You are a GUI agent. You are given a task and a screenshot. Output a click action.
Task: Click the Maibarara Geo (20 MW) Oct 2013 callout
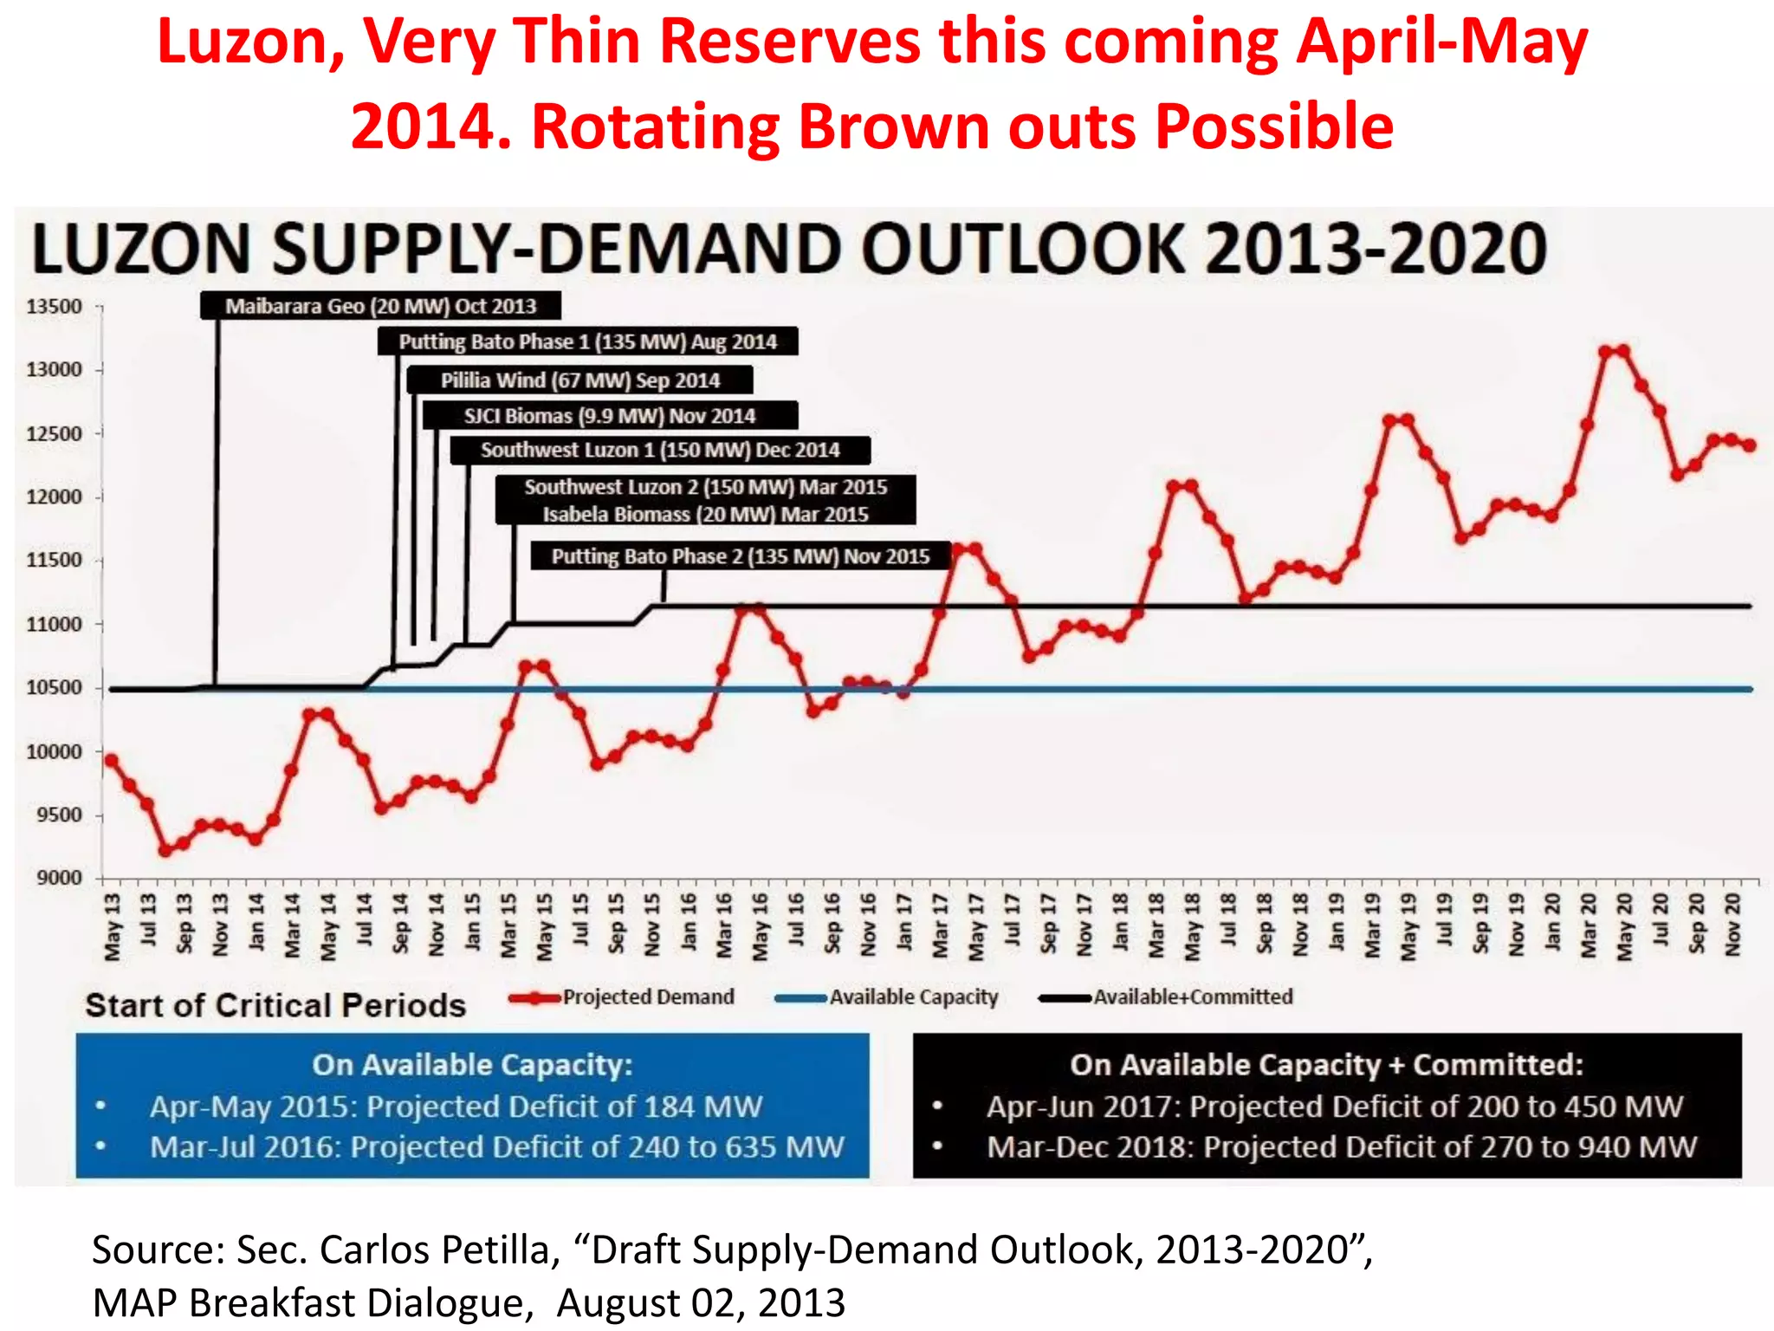pyautogui.click(x=380, y=306)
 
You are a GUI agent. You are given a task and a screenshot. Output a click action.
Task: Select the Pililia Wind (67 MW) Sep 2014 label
pyautogui.click(x=579, y=380)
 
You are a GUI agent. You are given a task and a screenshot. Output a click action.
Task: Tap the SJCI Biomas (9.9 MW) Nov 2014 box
pyautogui.click(x=610, y=416)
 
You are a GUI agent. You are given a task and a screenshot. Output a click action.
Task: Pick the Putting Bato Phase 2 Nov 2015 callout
pyautogui.click(x=740, y=556)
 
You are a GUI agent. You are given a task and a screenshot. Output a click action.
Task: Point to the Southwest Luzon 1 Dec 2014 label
pyautogui.click(x=660, y=451)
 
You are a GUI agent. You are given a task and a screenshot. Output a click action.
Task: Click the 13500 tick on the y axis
pyautogui.click(x=54, y=307)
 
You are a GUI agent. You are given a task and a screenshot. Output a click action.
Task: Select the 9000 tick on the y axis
pyautogui.click(x=59, y=878)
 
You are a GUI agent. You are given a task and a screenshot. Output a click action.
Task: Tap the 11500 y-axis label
pyautogui.click(x=54, y=560)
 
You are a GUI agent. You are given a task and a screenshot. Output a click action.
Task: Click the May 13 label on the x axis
pyautogui.click(x=113, y=928)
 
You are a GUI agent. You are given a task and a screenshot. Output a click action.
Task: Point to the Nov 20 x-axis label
pyautogui.click(x=1732, y=925)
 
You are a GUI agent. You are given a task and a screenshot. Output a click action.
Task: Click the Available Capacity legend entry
pyautogui.click(x=887, y=997)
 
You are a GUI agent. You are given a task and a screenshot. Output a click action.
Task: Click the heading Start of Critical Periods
pyautogui.click(x=275, y=1005)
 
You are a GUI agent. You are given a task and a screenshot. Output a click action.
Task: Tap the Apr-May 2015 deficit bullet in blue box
pyautogui.click(x=456, y=1107)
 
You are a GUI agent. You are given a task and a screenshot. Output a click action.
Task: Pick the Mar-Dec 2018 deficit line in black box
pyautogui.click(x=1341, y=1147)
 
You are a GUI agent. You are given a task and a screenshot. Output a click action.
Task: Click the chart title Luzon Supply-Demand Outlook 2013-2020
pyautogui.click(x=788, y=250)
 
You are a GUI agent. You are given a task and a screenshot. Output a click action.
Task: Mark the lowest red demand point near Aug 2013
pyautogui.click(x=165, y=851)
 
